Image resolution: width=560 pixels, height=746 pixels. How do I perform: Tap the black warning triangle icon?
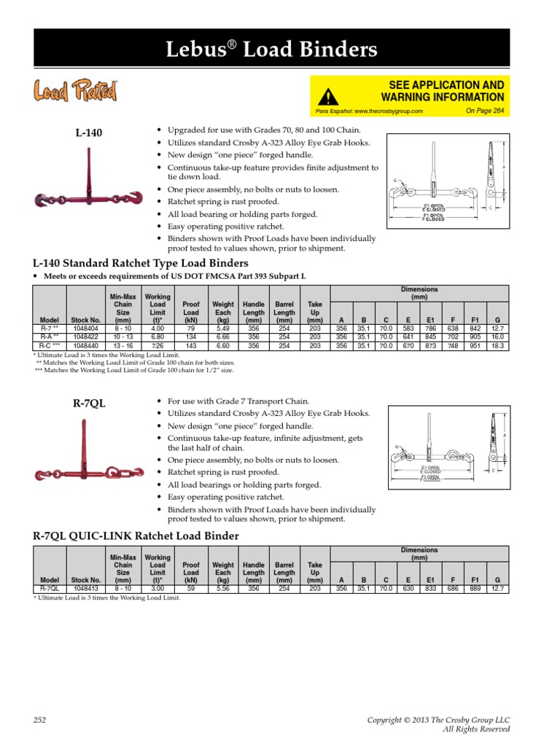pyautogui.click(x=330, y=95)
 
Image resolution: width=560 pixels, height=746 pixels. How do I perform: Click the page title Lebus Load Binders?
pyautogui.click(x=280, y=50)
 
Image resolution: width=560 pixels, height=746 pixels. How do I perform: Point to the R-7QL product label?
pyautogui.click(x=90, y=403)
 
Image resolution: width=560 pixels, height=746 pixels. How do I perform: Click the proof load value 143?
pyautogui.click(x=191, y=346)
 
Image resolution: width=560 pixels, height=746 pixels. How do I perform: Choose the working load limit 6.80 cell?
pyautogui.click(x=157, y=337)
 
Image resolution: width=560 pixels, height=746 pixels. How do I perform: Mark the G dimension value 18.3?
pyautogui.click(x=497, y=346)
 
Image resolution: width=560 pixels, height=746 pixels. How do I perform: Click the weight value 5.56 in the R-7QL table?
pyautogui.click(x=222, y=588)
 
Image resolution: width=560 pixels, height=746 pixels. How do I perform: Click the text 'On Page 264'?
pyautogui.click(x=484, y=111)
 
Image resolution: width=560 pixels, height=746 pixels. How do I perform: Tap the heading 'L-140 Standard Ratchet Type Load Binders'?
pyautogui.click(x=141, y=262)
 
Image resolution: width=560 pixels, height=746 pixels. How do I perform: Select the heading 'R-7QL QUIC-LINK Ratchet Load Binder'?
pyautogui.click(x=136, y=536)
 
